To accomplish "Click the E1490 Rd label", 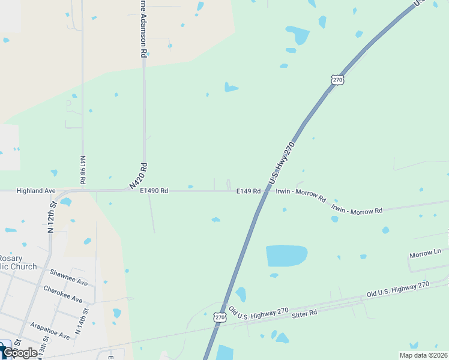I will (x=154, y=191).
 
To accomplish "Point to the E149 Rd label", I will (x=248, y=191).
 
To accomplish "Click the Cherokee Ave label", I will (x=62, y=293).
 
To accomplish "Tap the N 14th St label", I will (x=80, y=321).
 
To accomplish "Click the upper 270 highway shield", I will (x=337, y=79).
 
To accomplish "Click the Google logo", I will (x=20, y=353).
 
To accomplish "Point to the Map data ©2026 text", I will (x=423, y=355).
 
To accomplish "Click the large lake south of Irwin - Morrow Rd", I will (x=286, y=256).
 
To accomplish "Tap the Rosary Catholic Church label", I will (x=18, y=262).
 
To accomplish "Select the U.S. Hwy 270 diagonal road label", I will (x=282, y=163).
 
